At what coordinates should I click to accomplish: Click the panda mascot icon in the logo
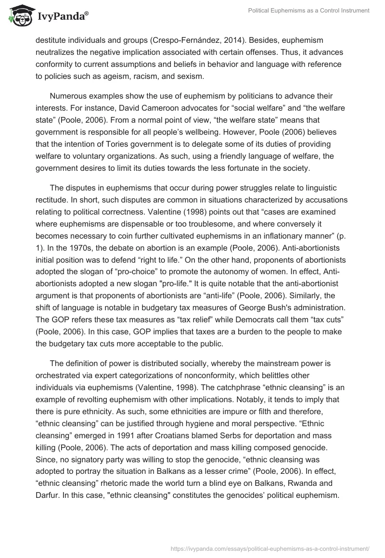tap(19, 15)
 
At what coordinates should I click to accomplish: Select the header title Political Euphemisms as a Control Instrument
tap(309, 11)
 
